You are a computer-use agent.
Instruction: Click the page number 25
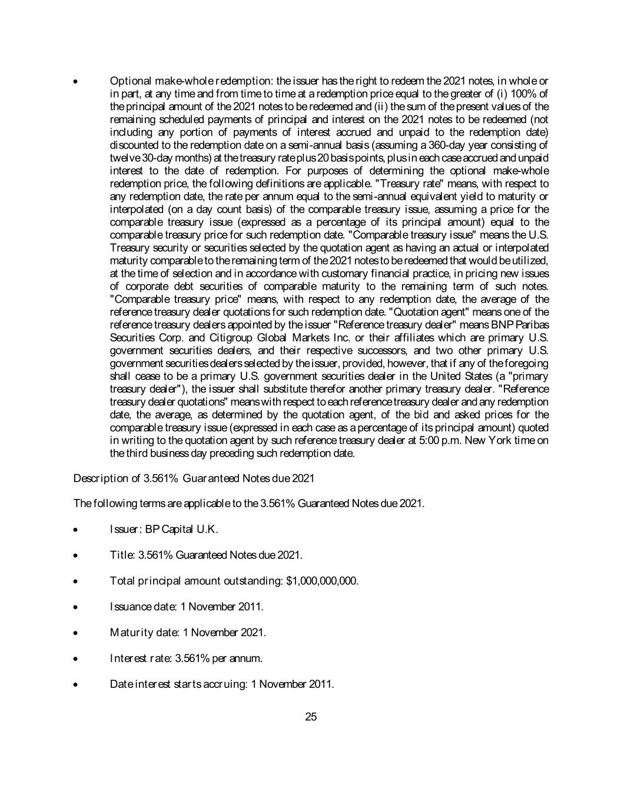311,717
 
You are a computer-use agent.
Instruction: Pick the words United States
457,376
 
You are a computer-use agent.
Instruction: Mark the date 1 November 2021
224,633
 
